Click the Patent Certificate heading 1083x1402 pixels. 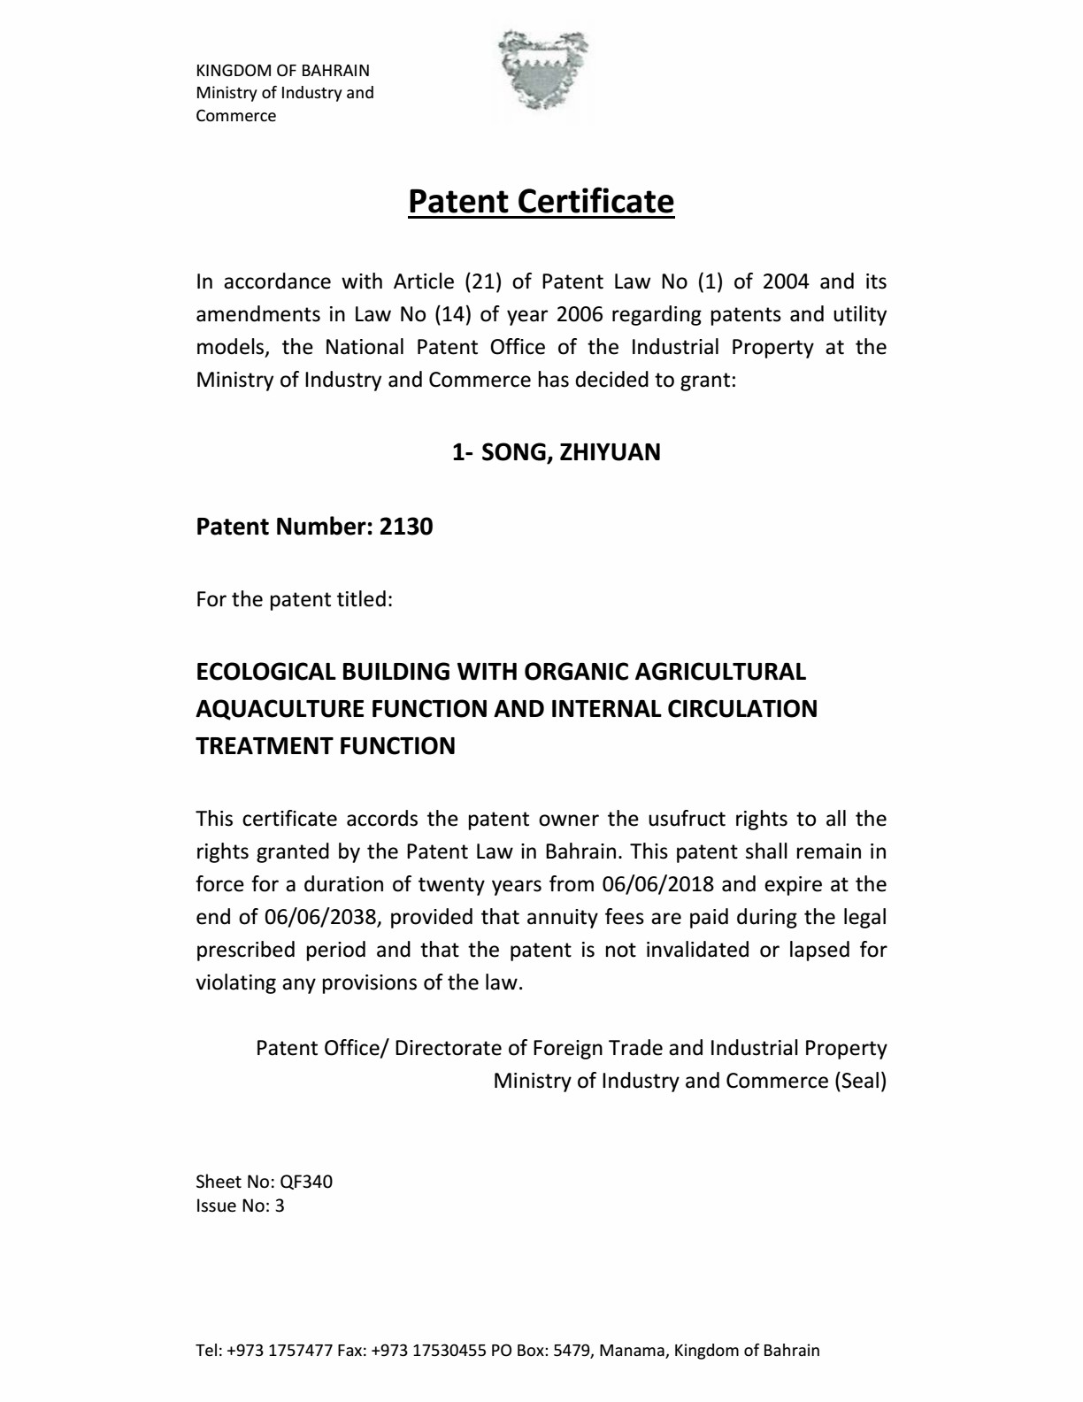(541, 202)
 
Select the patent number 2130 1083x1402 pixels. (406, 527)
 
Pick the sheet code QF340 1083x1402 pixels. (306, 1182)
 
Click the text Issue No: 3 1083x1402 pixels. (240, 1206)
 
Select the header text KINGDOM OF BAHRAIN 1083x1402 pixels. (282, 71)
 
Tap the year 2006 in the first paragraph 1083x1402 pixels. (580, 314)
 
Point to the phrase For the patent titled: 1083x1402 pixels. (294, 599)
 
